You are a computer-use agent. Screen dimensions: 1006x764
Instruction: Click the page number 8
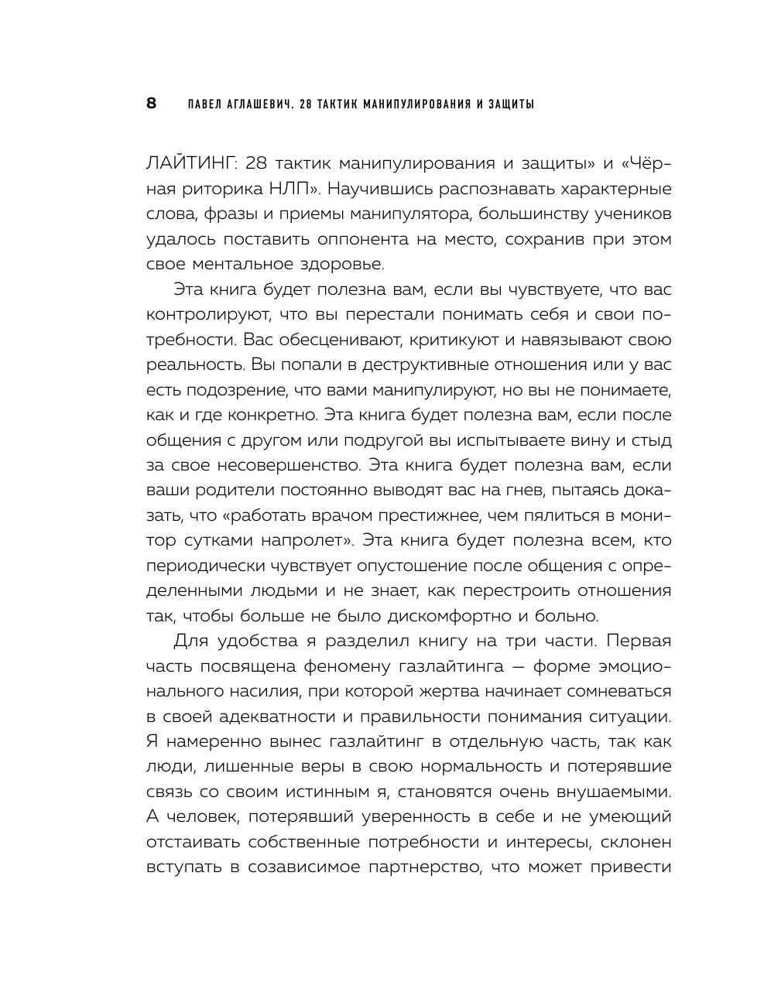(x=152, y=104)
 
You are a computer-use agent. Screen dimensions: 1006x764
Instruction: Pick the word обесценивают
(x=331, y=340)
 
